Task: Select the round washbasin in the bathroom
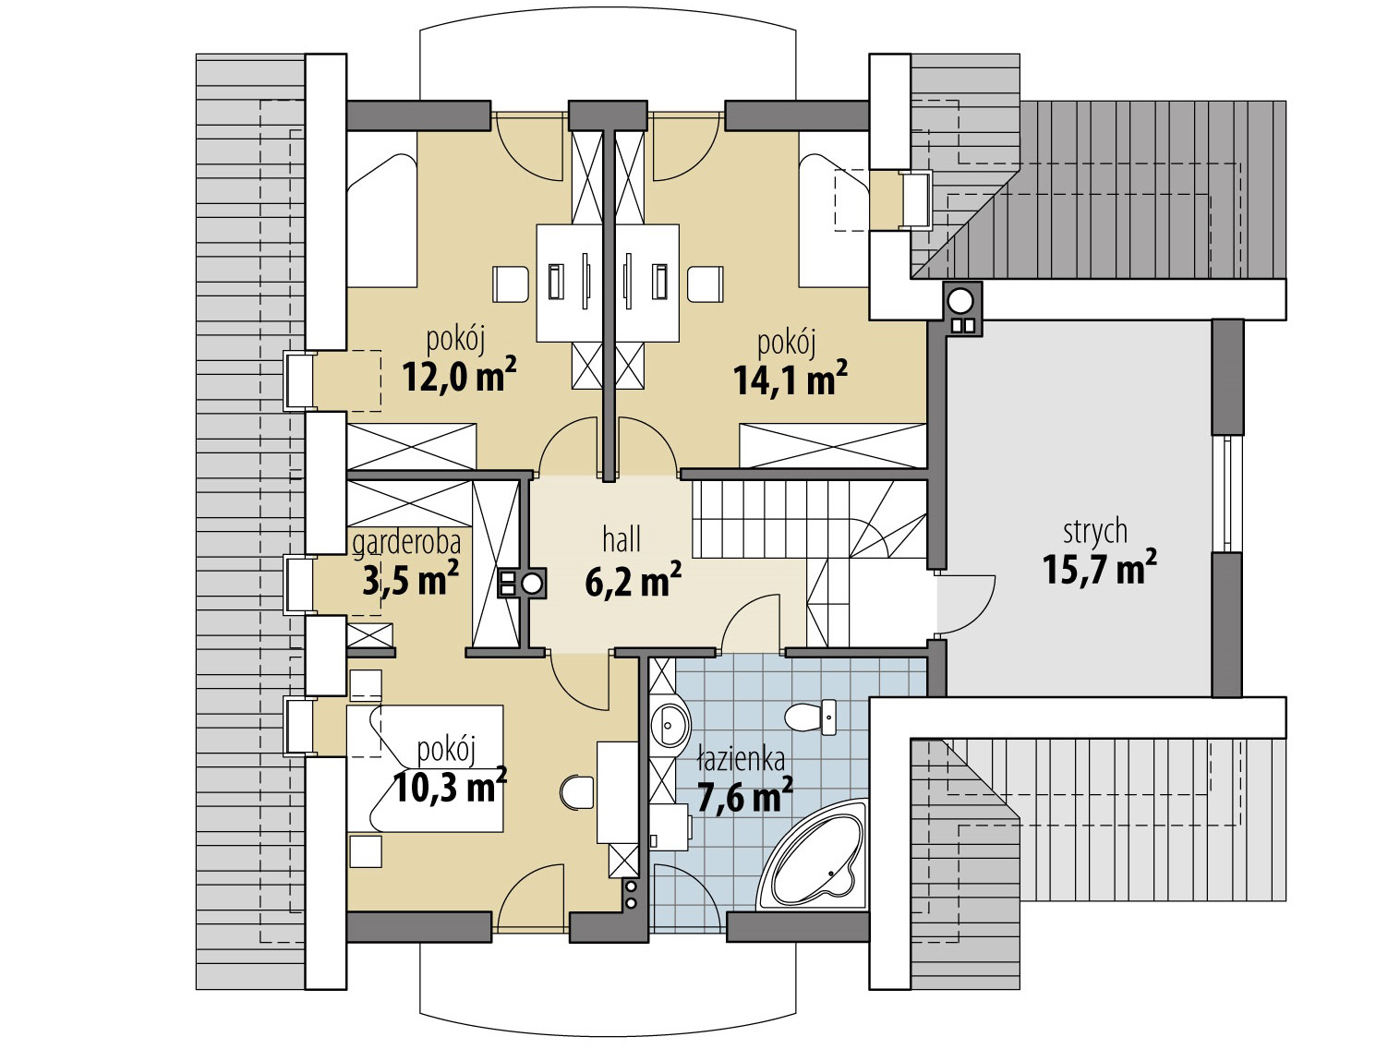click(x=670, y=724)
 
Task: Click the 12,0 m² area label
click(x=459, y=375)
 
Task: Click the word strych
click(x=1094, y=531)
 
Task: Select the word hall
click(x=621, y=540)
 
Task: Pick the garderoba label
click(x=406, y=543)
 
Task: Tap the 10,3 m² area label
click(x=450, y=785)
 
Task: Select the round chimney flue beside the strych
click(x=961, y=300)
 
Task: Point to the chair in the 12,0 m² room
click(x=511, y=283)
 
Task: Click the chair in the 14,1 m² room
click(x=705, y=283)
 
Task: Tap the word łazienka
click(x=741, y=759)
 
